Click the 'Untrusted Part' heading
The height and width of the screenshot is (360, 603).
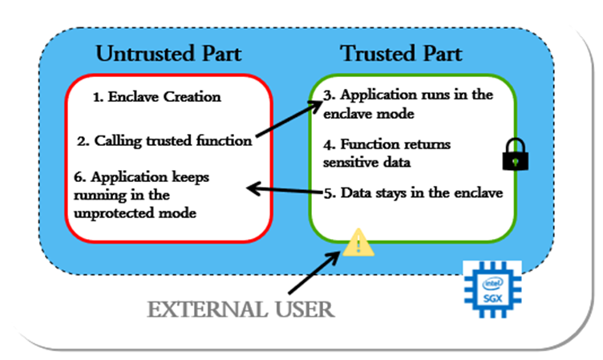coord(169,55)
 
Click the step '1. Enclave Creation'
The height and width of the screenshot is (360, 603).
coord(156,97)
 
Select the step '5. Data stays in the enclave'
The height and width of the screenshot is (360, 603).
coord(413,192)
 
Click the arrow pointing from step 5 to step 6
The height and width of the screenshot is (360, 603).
coord(285,191)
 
